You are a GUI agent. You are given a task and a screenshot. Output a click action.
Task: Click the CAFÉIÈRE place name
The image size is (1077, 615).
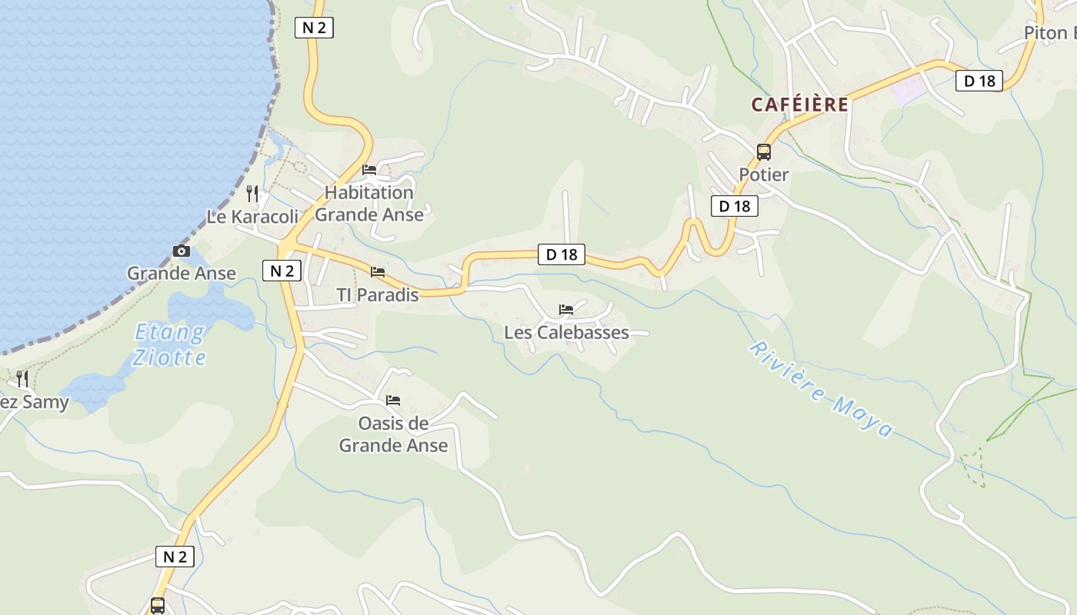pyautogui.click(x=800, y=105)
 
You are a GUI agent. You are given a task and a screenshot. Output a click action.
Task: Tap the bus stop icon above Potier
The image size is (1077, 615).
pyautogui.click(x=763, y=151)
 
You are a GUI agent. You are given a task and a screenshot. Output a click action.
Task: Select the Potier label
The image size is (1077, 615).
pyautogui.click(x=763, y=175)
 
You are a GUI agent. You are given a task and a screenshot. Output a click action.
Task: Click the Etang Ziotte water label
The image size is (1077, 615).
pyautogui.click(x=170, y=344)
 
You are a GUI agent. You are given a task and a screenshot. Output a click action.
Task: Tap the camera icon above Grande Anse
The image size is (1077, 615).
pyautogui.click(x=181, y=251)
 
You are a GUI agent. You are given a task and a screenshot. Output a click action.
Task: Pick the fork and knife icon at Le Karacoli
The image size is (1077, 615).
pyautogui.click(x=252, y=194)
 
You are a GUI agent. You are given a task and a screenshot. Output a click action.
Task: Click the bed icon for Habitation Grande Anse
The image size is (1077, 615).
pyautogui.click(x=369, y=170)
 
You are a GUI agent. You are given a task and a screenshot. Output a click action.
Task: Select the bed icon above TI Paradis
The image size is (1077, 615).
pyautogui.click(x=378, y=272)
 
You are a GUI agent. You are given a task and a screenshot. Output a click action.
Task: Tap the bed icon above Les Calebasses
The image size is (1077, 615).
pyautogui.click(x=566, y=310)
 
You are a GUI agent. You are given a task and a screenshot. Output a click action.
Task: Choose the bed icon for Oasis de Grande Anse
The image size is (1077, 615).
pyautogui.click(x=393, y=400)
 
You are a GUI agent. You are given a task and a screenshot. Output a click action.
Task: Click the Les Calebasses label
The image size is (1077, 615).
pyautogui.click(x=566, y=333)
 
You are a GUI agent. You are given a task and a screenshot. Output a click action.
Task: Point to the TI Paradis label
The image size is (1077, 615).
pyautogui.click(x=378, y=295)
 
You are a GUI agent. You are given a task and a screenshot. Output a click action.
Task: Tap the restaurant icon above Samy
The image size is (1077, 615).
pyautogui.click(x=22, y=378)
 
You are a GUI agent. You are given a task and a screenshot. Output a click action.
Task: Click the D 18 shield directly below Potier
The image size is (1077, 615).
pyautogui.click(x=734, y=206)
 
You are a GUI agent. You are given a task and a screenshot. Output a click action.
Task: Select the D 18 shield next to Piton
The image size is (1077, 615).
pyautogui.click(x=979, y=81)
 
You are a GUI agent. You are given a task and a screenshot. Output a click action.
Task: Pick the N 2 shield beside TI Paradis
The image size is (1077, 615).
pyautogui.click(x=282, y=271)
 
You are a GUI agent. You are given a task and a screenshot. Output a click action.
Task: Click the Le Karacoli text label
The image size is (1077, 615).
pyautogui.click(x=252, y=217)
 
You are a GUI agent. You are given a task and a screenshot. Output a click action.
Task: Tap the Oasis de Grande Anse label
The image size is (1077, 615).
pyautogui.click(x=393, y=434)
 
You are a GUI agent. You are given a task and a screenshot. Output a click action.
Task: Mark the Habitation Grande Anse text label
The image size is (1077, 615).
pyautogui.click(x=369, y=204)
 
